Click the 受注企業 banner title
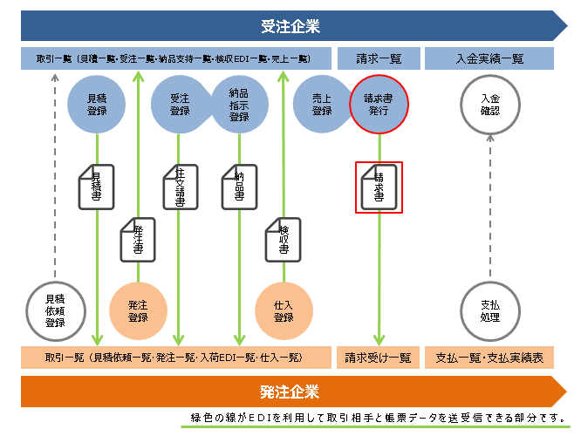[x=290, y=25]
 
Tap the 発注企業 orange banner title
[x=290, y=391]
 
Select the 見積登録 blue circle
[x=97, y=105]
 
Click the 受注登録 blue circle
[x=180, y=105]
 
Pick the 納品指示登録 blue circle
[x=238, y=105]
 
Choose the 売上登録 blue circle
[x=322, y=105]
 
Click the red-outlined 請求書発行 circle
[x=379, y=105]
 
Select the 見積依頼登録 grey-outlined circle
[x=55, y=310]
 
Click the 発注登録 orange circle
[x=138, y=310]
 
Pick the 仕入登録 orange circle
[x=283, y=310]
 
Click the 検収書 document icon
[x=283, y=236]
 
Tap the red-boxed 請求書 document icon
[x=379, y=187]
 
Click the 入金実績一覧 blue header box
[x=489, y=59]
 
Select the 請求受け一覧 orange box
[x=379, y=357]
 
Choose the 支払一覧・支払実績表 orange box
[x=489, y=357]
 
